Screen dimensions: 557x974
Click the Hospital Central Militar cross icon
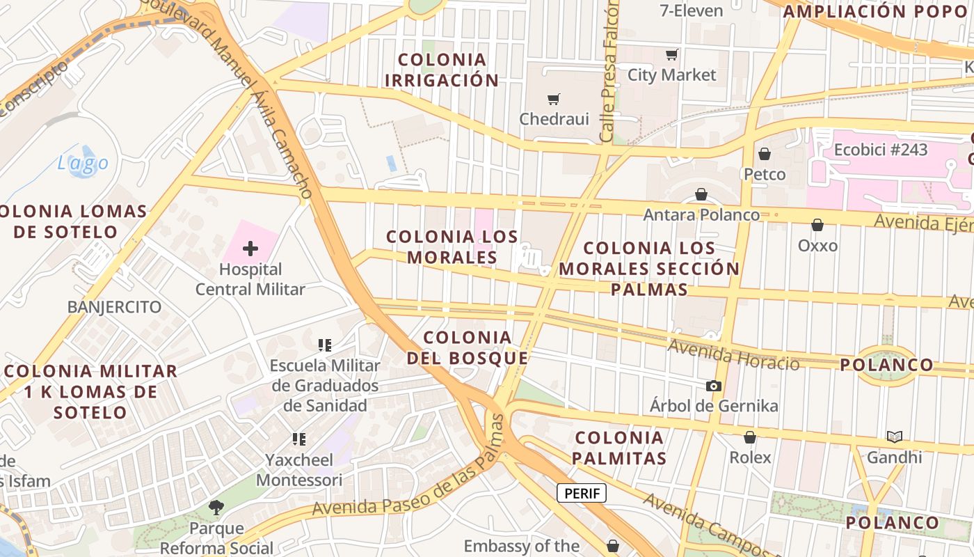coord(250,248)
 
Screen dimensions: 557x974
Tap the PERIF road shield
coord(582,494)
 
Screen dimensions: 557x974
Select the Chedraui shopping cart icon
coord(554,100)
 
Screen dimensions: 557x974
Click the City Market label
coord(671,74)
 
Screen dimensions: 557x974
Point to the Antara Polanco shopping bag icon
coord(701,195)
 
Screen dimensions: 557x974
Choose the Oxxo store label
coord(817,246)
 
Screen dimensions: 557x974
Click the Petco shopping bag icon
coord(765,154)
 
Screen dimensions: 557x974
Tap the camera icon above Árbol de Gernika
coord(713,386)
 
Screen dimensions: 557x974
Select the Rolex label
coord(750,457)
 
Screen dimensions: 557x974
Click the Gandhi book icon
coord(894,437)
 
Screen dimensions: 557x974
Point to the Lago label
coord(83,164)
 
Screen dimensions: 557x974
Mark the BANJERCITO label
coord(114,307)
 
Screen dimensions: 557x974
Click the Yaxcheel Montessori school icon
coord(299,439)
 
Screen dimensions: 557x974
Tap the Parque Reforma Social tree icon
coord(216,508)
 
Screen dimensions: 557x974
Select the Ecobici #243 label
coord(881,150)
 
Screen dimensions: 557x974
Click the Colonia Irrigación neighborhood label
coord(442,70)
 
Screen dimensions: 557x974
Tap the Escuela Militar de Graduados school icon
coord(325,345)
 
